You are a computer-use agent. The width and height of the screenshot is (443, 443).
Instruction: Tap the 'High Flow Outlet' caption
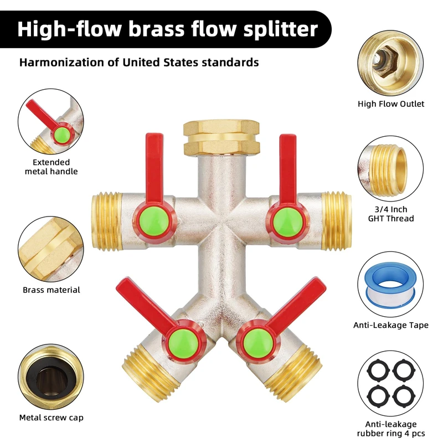click(x=391, y=104)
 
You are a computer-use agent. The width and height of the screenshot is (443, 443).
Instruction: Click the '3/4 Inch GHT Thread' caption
click(x=391, y=214)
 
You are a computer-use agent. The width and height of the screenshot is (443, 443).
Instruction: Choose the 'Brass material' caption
click(x=51, y=290)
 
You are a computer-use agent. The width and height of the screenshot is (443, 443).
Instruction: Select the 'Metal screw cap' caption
click(x=51, y=417)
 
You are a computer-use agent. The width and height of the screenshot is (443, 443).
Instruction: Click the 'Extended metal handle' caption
click(x=51, y=167)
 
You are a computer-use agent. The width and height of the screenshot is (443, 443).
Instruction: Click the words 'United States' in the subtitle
click(x=163, y=62)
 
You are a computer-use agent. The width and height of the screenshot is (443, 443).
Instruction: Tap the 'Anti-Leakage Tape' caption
click(x=391, y=325)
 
